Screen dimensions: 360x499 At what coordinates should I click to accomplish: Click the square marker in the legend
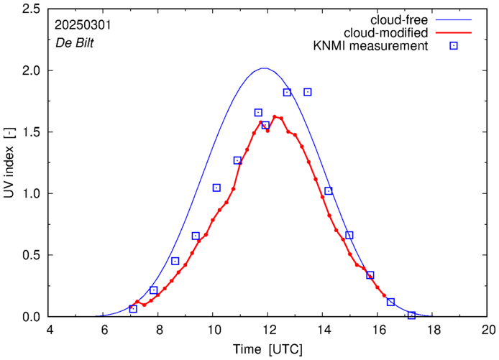click(454, 47)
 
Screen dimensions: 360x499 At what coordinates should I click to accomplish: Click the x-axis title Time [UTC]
click(267, 349)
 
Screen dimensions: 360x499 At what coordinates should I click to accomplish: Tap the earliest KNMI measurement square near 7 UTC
click(133, 309)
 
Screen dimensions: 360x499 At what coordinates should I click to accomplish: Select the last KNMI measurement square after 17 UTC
click(411, 315)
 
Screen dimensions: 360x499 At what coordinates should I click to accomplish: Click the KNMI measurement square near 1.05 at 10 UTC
click(216, 188)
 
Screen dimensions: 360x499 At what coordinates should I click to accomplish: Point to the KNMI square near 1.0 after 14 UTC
click(329, 191)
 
